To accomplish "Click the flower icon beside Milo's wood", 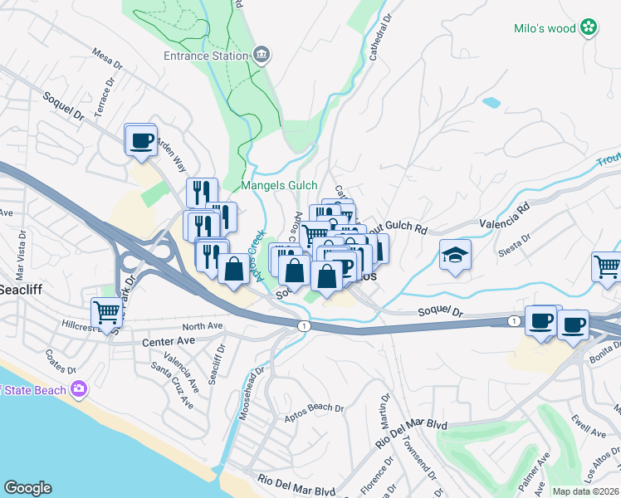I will (x=589, y=28).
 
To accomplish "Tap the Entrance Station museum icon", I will (x=262, y=56).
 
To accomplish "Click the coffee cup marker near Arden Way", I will (x=140, y=139).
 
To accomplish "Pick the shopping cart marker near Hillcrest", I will (x=106, y=314).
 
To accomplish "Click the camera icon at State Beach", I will (x=79, y=388).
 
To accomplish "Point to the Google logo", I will (x=27, y=488).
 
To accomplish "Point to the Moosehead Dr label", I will (x=252, y=393).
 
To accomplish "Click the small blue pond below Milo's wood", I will (x=491, y=103).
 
